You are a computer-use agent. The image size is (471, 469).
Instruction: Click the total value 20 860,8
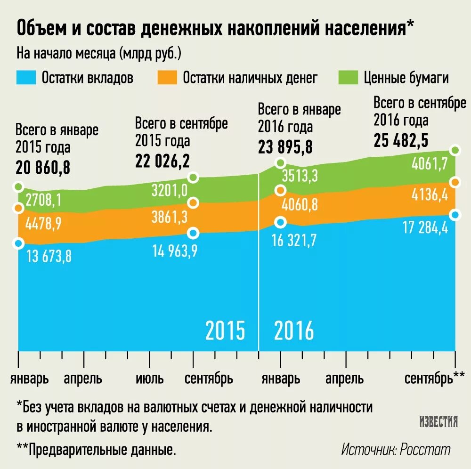pyautogui.click(x=43, y=167)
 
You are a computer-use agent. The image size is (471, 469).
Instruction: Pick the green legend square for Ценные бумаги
pyautogui.click(x=348, y=78)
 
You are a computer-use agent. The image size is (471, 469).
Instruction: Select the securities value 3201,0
pyautogui.click(x=170, y=190)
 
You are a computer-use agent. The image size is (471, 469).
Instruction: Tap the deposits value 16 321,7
pyautogui.click(x=295, y=240)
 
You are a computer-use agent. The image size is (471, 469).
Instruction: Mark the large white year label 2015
pyautogui.click(x=225, y=331)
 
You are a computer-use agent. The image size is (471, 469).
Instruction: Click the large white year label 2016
pyautogui.click(x=294, y=331)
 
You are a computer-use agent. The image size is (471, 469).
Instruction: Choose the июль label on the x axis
pyautogui.click(x=150, y=379)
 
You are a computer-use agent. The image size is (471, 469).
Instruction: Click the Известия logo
pyautogui.click(x=439, y=421)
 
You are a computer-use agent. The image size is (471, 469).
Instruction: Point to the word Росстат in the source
pyautogui.click(x=425, y=449)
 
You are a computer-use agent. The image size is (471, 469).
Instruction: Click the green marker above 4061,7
pyautogui.click(x=455, y=150)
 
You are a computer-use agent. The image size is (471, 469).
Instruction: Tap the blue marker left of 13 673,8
pyautogui.click(x=19, y=243)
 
